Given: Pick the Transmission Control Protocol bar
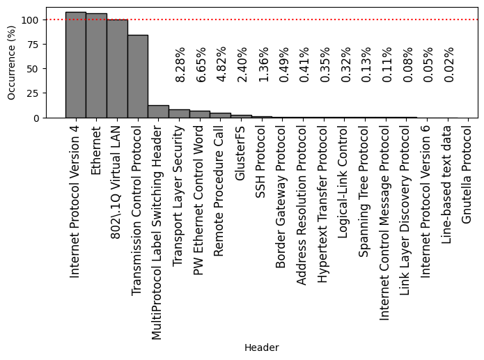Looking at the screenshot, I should (138, 76).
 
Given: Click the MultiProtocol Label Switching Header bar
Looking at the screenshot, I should (158, 111).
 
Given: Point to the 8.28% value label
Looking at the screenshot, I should (180, 65).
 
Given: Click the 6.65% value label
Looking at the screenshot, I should (201, 65).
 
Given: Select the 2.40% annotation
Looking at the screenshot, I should (242, 65).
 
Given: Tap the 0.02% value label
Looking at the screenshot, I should (449, 65).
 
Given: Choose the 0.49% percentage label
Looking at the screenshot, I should (283, 65).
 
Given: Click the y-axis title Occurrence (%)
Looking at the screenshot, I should (11, 63).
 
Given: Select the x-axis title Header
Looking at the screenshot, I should (261, 347).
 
